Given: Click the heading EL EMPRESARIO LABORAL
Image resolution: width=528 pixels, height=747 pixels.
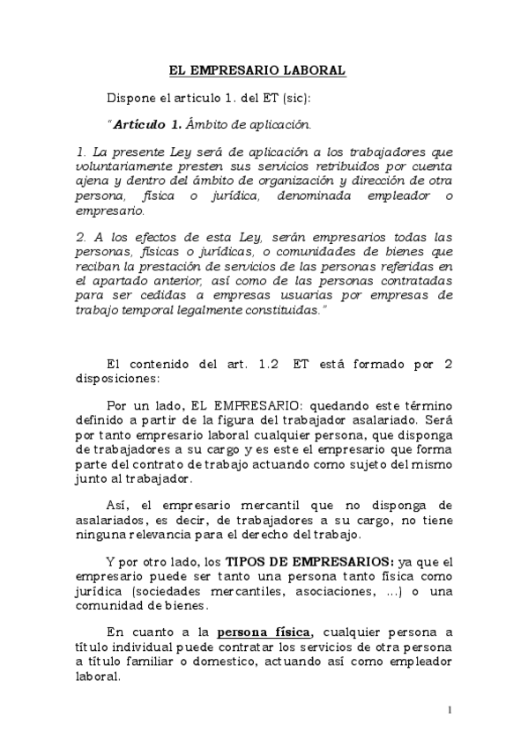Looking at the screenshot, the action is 257,70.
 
